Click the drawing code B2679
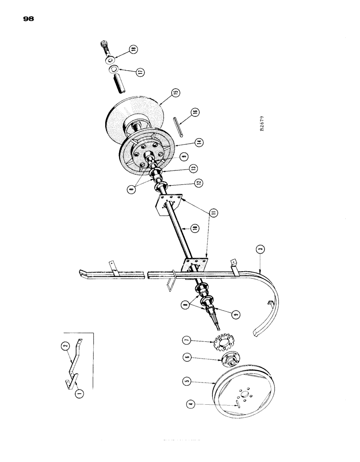tap(262, 125)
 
